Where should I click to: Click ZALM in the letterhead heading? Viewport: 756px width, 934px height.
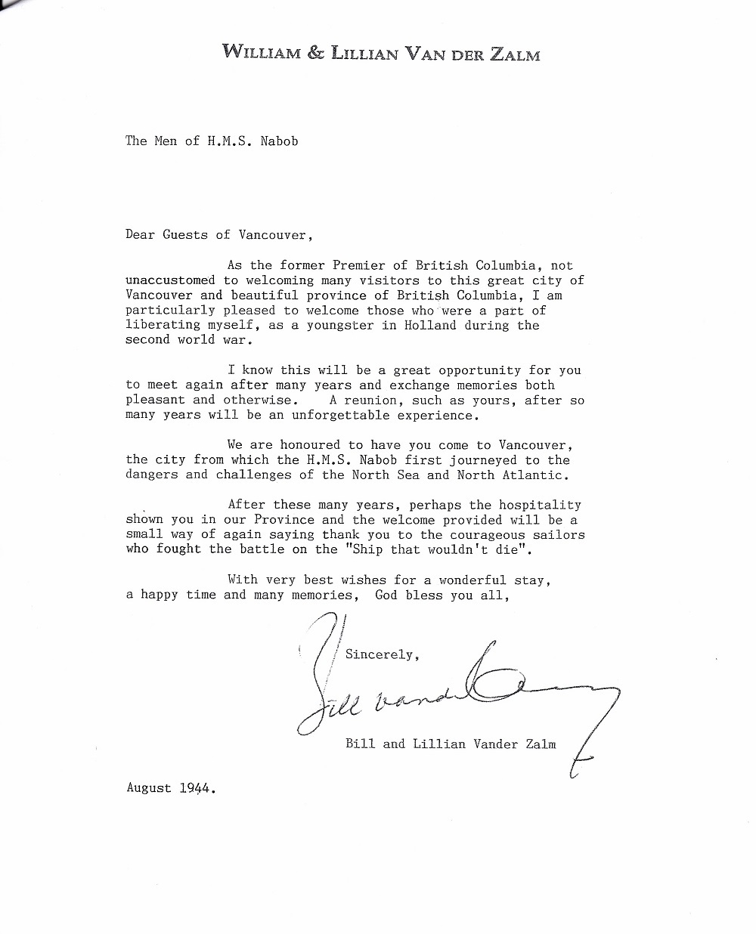(x=510, y=53)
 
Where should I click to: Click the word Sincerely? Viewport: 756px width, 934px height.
(x=380, y=654)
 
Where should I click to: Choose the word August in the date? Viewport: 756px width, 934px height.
(x=149, y=788)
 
